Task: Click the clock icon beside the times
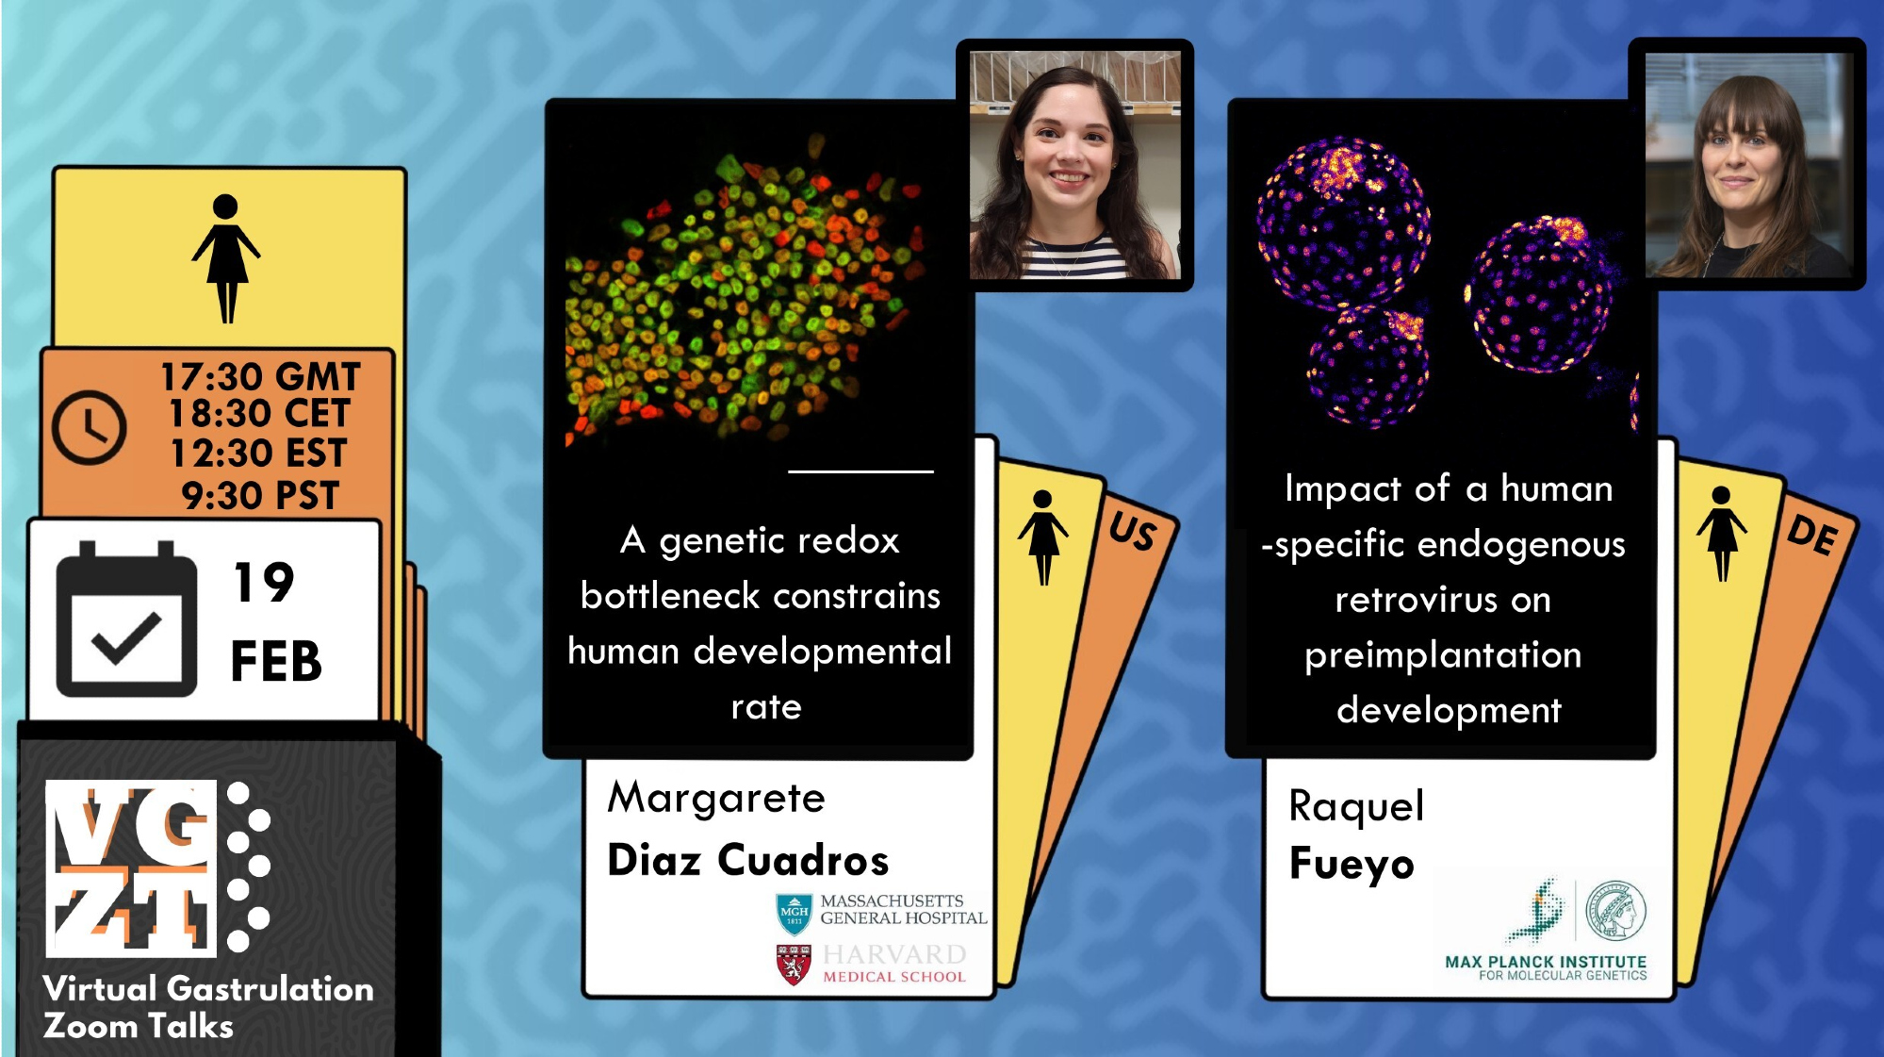(x=89, y=427)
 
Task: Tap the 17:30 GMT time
(x=260, y=377)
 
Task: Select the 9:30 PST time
(x=260, y=496)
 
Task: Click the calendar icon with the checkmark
(x=126, y=619)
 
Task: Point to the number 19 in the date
(x=264, y=582)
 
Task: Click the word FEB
(x=276, y=661)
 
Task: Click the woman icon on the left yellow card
(x=226, y=258)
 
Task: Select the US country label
(x=1132, y=531)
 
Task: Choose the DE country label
(x=1812, y=535)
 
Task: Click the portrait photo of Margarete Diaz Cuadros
(x=1075, y=165)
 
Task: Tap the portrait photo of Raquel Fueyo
(x=1748, y=165)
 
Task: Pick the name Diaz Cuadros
(x=748, y=860)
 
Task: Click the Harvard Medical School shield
(x=794, y=965)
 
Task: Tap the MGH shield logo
(x=794, y=915)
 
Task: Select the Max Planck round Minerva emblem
(x=1616, y=911)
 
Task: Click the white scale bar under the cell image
(x=860, y=471)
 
